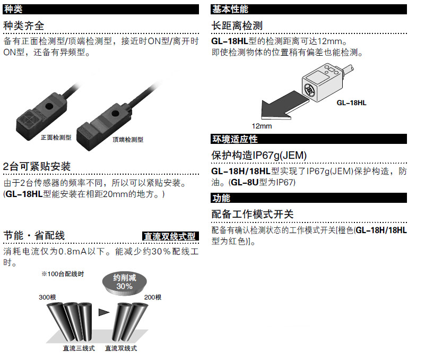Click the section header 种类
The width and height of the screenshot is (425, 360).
pyautogui.click(x=13, y=9)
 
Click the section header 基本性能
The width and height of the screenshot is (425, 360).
pyautogui.click(x=230, y=9)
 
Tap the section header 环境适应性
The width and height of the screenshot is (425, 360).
pyautogui.click(x=235, y=139)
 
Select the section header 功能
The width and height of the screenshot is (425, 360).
pyautogui.click(x=221, y=198)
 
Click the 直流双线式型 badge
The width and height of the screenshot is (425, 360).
pyautogui.click(x=170, y=236)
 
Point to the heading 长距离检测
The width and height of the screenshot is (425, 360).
pyautogui.click(x=237, y=26)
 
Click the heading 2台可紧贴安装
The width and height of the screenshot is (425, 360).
pyautogui.click(x=37, y=166)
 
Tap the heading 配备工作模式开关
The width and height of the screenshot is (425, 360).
pyautogui.click(x=253, y=215)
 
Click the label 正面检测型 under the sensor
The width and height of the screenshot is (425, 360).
pyautogui.click(x=56, y=138)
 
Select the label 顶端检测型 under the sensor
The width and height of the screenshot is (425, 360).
pyautogui.click(x=128, y=140)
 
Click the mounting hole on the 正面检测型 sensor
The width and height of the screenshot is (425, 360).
pyautogui.click(x=49, y=106)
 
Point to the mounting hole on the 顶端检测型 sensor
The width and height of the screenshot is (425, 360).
pyautogui.click(x=115, y=114)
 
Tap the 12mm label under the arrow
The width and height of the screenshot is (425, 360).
pyautogui.click(x=262, y=126)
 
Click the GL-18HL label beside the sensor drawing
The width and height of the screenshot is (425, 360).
pyautogui.click(x=351, y=103)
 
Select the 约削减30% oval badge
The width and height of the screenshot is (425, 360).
pyautogui.click(x=124, y=283)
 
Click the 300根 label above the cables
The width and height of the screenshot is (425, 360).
pyautogui.click(x=47, y=297)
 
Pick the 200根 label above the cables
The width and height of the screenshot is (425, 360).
pyautogui.click(x=153, y=297)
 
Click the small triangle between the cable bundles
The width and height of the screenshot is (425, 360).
pyautogui.click(x=103, y=312)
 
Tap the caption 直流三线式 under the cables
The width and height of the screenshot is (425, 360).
pyautogui.click(x=79, y=348)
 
